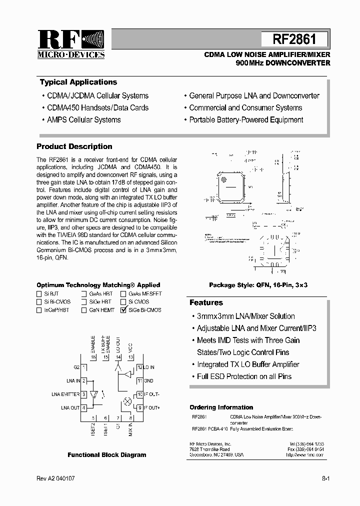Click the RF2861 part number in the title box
294,40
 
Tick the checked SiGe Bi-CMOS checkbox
123,310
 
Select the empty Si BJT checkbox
39,294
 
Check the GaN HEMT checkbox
84,310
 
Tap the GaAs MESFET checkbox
123,294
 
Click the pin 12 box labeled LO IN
140,367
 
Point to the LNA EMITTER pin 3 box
84,394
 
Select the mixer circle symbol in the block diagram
127,401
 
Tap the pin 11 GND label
149,380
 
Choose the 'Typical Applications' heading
78,82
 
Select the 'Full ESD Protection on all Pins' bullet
244,376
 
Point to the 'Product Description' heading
74,146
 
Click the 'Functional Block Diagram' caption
107,455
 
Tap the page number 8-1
325,478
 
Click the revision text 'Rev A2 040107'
55,478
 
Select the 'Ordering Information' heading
221,407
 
